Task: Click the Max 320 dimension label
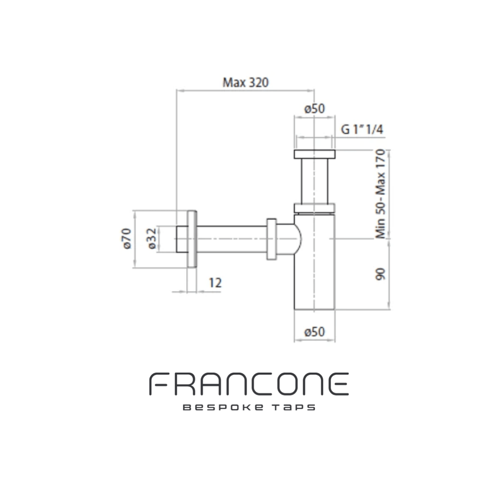[245, 83]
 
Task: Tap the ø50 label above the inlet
[314, 109]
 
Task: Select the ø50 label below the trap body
[314, 332]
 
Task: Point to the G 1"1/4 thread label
[362, 130]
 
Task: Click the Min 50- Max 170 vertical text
[380, 194]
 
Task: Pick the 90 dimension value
[380, 274]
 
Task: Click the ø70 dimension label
[128, 238]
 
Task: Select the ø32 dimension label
[153, 238]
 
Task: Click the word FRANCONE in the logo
[249, 384]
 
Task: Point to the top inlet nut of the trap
[314, 154]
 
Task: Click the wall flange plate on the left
[192, 238]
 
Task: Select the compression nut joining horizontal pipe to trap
[271, 238]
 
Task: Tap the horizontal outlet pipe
[231, 238]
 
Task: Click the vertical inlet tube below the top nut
[314, 181]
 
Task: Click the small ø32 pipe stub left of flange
[182, 238]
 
